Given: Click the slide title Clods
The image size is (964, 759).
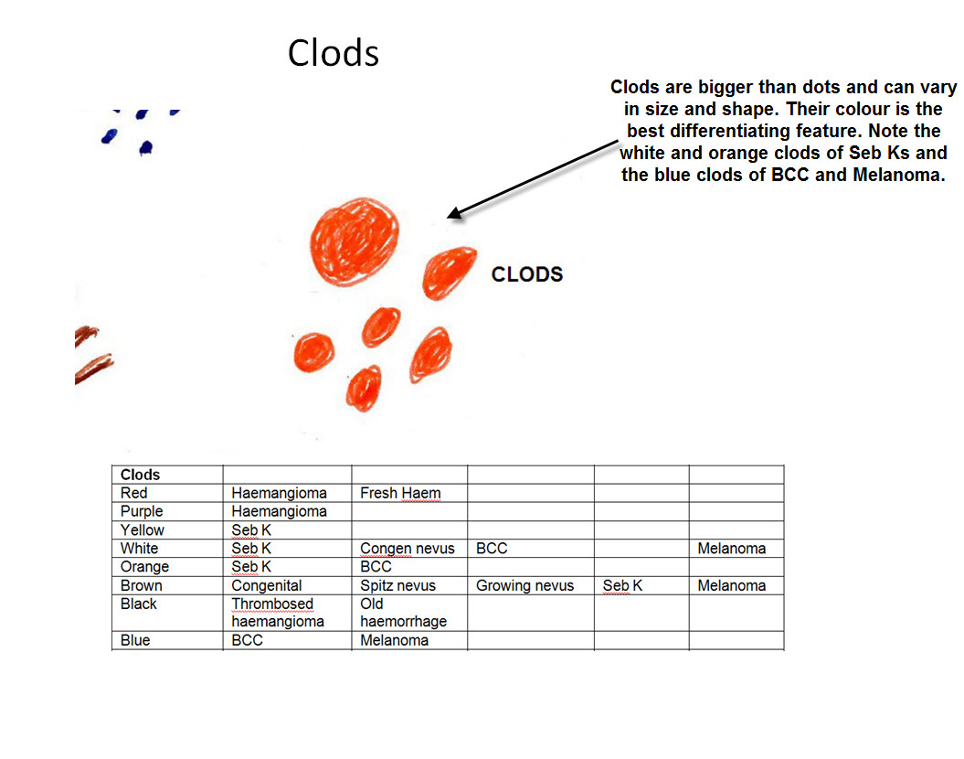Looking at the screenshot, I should pyautogui.click(x=334, y=54).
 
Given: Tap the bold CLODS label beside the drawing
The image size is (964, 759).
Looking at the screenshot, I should pyautogui.click(x=527, y=273).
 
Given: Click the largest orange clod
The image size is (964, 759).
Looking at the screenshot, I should pyautogui.click(x=355, y=236).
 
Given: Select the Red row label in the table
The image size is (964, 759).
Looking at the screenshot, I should pyautogui.click(x=133, y=493).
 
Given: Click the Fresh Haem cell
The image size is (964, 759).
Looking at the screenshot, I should pyautogui.click(x=400, y=493).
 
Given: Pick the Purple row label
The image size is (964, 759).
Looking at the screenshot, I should pyautogui.click(x=142, y=511).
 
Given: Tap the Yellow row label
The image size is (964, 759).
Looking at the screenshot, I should pyautogui.click(x=143, y=529).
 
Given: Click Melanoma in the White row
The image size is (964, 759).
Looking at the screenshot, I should pyautogui.click(x=731, y=549).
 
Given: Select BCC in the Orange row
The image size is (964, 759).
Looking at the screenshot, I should pyautogui.click(x=376, y=567).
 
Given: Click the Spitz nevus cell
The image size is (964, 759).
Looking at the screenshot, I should pyautogui.click(x=397, y=585).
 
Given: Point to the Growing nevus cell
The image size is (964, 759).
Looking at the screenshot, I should pyautogui.click(x=524, y=585).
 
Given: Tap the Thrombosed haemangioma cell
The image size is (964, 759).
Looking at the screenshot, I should pyautogui.click(x=278, y=613).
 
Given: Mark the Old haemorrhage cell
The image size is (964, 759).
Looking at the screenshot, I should pyautogui.click(x=403, y=613).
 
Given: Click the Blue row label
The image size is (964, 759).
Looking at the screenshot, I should pyautogui.click(x=135, y=640).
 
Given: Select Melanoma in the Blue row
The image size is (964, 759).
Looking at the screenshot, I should pyautogui.click(x=394, y=640).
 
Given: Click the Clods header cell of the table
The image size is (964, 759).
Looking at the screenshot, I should pyautogui.click(x=140, y=475).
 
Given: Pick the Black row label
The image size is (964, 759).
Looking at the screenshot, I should pyautogui.click(x=139, y=604).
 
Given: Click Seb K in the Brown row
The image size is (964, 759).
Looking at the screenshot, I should pyautogui.click(x=622, y=585).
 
